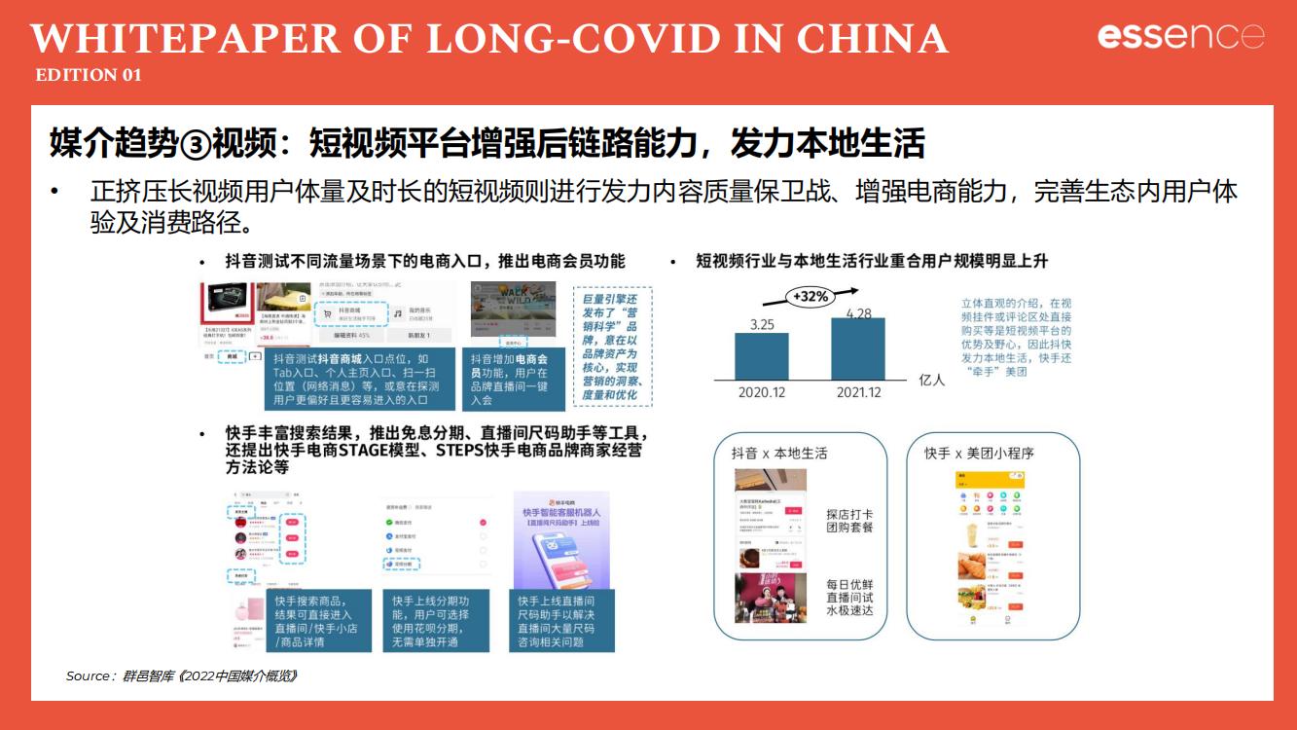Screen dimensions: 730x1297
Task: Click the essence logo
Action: pos(1180,37)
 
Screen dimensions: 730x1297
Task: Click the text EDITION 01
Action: pos(89,75)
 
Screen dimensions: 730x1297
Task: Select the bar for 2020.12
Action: pos(762,356)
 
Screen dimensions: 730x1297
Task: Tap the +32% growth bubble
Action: pos(811,296)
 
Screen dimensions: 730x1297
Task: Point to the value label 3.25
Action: pos(762,324)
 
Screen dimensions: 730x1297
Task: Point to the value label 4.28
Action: pos(858,312)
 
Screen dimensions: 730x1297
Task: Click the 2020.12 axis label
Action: pos(762,392)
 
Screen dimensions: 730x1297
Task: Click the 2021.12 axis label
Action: pos(858,392)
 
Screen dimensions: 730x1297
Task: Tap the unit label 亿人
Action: pos(931,381)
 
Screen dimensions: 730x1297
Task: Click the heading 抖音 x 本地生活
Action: pos(779,454)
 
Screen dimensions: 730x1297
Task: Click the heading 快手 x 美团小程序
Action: pos(979,454)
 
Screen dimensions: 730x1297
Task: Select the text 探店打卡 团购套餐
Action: pos(849,521)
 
